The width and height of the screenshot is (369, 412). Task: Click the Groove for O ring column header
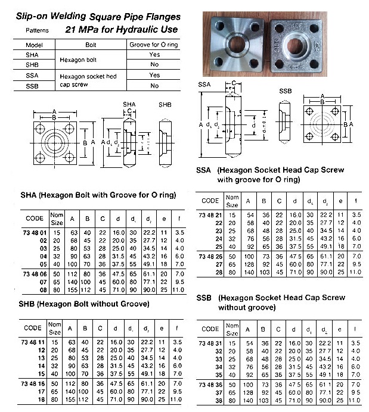tap(154, 45)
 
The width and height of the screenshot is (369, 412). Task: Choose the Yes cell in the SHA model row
tap(154, 54)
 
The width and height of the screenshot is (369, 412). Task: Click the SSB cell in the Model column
tap(33, 86)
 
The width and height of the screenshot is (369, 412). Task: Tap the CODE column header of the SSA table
tap(210, 201)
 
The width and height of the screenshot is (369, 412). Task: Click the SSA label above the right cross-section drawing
tap(204, 85)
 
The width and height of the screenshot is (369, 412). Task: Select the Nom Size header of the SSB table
tap(232, 328)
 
